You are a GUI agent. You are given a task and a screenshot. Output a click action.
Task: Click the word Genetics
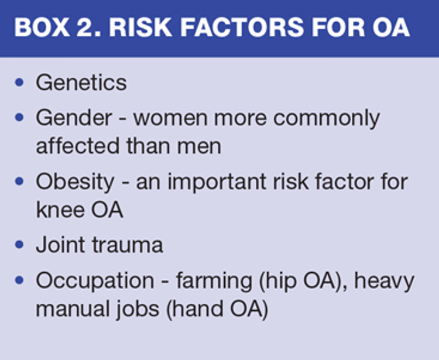(x=81, y=83)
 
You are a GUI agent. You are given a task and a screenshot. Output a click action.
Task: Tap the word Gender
(x=74, y=118)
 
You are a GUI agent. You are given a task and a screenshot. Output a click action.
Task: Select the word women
(x=170, y=118)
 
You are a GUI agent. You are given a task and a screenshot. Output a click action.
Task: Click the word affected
(x=78, y=146)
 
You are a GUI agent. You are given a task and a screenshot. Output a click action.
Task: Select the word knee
(x=59, y=210)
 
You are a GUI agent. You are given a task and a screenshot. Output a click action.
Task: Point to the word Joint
(x=61, y=244)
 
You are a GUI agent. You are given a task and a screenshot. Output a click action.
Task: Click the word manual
(x=73, y=308)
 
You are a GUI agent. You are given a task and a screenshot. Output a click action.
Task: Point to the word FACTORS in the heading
(x=242, y=27)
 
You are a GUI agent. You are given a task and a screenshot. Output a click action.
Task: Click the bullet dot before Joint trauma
(x=19, y=245)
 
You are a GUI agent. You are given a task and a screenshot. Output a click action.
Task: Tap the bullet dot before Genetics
(x=19, y=83)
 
